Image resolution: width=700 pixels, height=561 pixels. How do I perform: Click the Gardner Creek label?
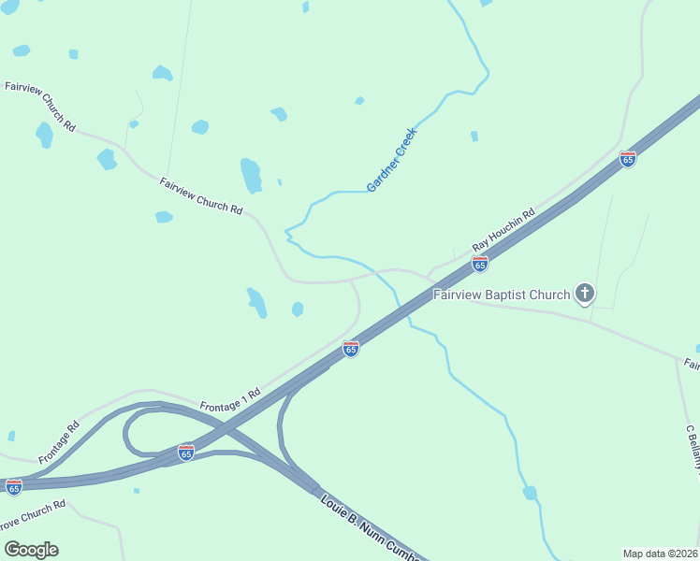pos(391,160)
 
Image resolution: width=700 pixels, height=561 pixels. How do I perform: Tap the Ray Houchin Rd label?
pos(503,227)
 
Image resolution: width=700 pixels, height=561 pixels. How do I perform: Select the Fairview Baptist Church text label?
pos(501,295)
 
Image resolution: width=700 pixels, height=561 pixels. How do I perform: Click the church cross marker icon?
pos(585,295)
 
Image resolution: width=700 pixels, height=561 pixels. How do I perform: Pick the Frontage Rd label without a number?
pos(59,442)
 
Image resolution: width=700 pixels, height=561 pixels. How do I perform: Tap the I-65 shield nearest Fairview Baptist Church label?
pos(479,265)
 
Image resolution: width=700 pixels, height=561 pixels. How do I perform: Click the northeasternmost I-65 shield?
pos(627,159)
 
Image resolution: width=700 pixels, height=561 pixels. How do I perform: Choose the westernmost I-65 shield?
pos(13,487)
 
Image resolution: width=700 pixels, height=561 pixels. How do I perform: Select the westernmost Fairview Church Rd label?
pos(40,106)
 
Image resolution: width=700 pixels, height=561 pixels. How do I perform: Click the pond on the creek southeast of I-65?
pos(530,493)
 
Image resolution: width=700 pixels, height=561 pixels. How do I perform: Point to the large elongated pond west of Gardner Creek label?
pos(251,175)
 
